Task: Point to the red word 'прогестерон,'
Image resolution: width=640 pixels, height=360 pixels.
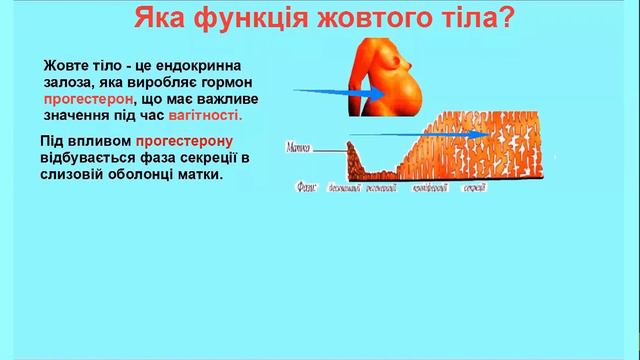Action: pos(87,100)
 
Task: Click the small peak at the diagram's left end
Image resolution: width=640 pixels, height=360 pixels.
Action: pos(349,150)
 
